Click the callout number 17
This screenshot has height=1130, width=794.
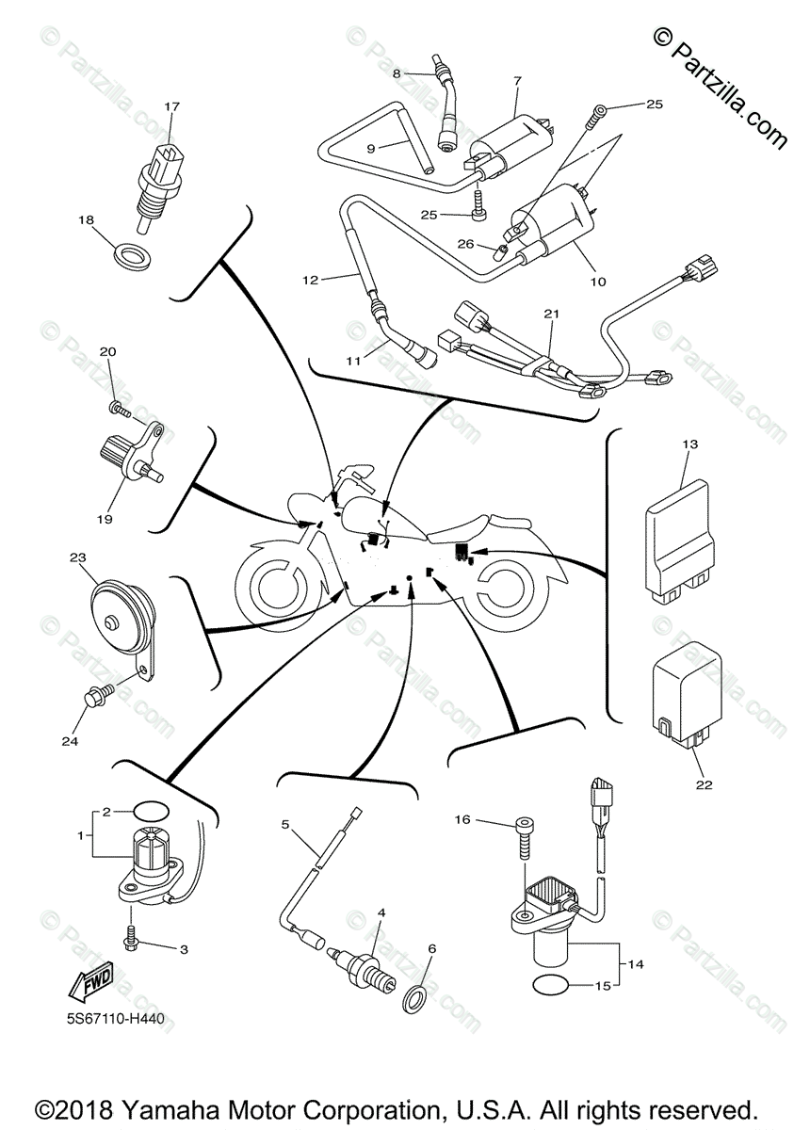coord(171,106)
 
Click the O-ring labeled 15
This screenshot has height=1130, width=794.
coord(551,984)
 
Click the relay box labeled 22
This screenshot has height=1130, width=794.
coord(687,696)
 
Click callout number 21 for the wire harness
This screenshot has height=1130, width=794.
coord(551,314)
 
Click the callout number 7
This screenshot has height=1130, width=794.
coord(517,81)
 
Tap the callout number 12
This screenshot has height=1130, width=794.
coord(310,280)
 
